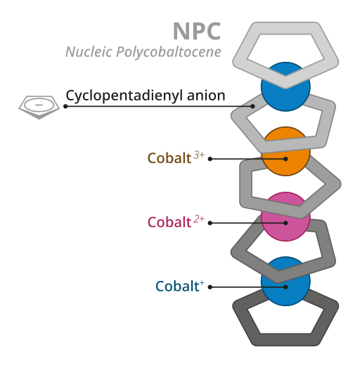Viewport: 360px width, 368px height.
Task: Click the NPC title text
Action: [197, 31]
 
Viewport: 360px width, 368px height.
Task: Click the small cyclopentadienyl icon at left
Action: [39, 106]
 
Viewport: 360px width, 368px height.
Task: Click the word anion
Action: [206, 96]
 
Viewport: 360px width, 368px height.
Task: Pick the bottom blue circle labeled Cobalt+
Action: [285, 281]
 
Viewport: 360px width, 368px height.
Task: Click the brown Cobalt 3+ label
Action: [169, 158]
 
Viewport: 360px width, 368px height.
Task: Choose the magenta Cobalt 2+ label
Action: [169, 223]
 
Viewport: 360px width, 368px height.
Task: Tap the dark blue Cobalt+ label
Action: [176, 287]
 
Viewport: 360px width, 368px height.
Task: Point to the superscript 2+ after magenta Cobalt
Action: [199, 219]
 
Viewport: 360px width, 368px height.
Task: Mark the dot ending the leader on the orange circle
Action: [285, 159]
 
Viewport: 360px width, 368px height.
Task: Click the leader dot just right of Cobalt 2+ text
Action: [210, 223]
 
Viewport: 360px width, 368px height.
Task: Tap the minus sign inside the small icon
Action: [39, 105]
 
